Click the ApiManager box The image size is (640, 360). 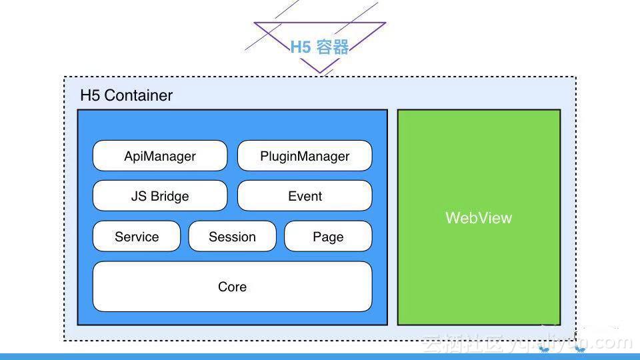point(160,156)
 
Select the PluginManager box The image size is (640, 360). point(305,156)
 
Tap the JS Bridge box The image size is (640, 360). point(160,196)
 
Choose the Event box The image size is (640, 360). point(305,196)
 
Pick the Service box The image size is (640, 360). point(137,237)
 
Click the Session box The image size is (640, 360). point(232,237)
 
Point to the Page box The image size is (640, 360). point(328,237)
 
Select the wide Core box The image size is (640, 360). point(232,287)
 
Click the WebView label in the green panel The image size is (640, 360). point(479,218)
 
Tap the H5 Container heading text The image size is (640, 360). point(126,95)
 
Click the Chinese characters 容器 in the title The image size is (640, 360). point(333,47)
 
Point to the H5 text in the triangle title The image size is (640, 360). point(301,47)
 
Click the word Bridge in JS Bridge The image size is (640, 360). point(169,197)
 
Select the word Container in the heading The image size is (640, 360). point(139,95)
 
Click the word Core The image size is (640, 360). point(232,287)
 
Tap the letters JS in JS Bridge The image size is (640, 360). point(139,197)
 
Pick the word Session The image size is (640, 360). point(232,237)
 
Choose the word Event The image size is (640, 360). point(305,196)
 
